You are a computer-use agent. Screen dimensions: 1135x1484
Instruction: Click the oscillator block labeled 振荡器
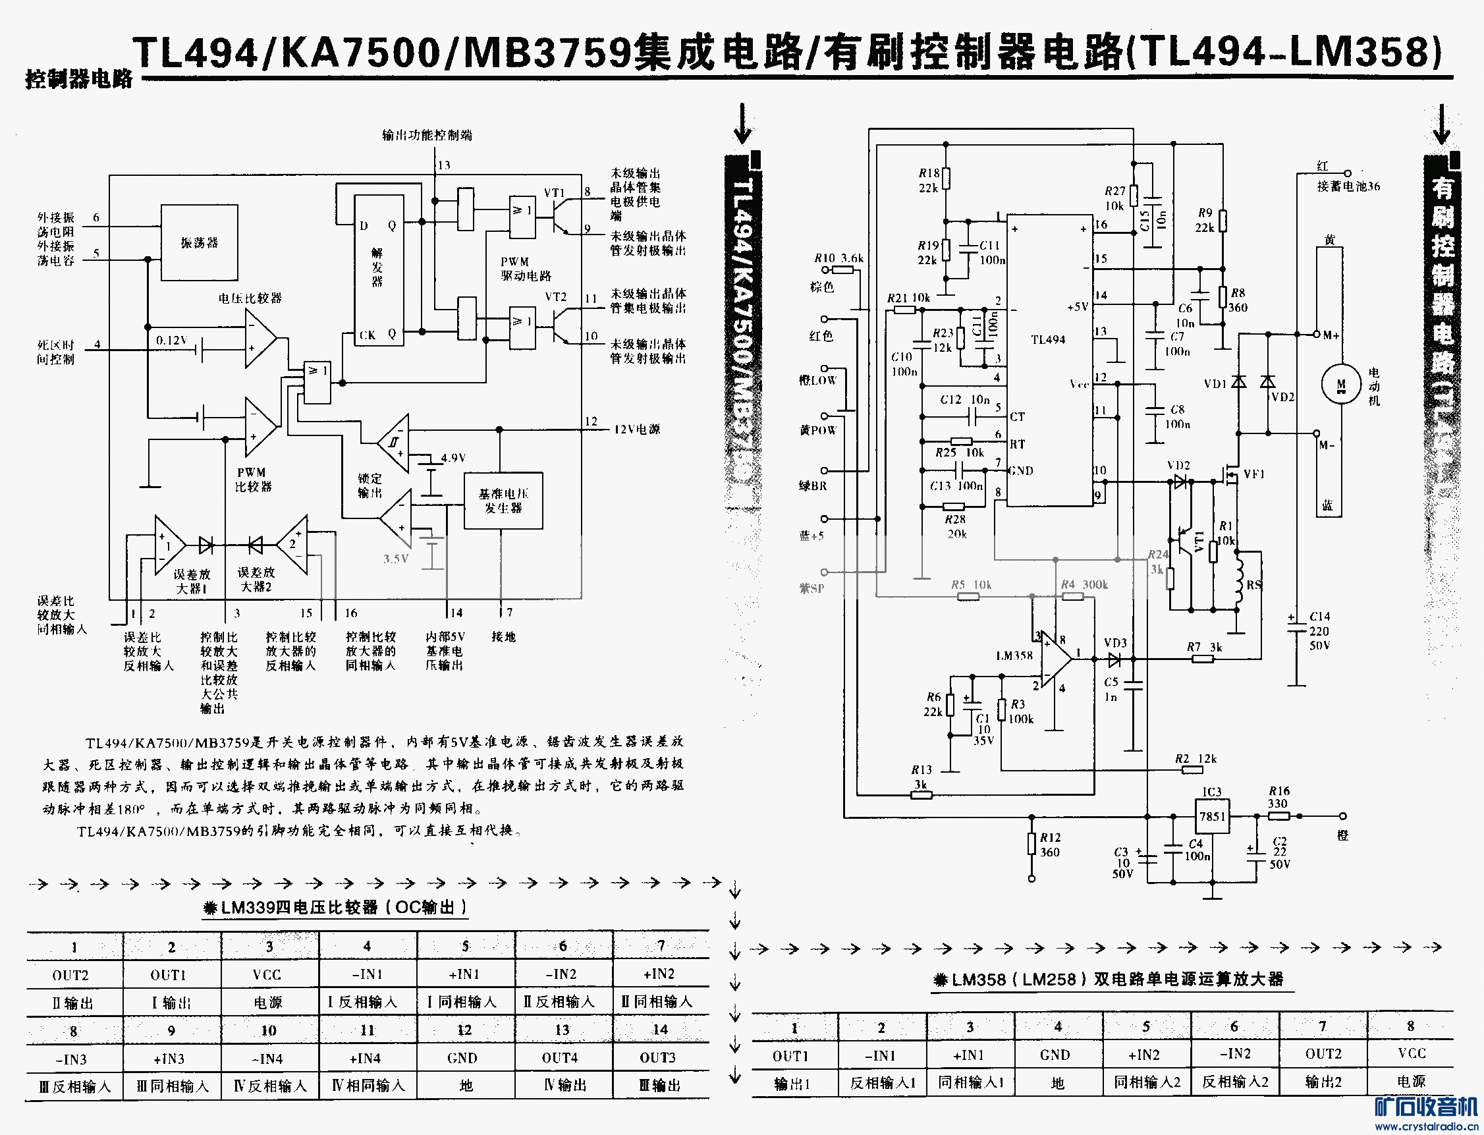(200, 242)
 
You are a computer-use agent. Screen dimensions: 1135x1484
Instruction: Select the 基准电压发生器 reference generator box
(503, 501)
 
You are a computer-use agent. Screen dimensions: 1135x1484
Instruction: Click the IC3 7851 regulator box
(1213, 816)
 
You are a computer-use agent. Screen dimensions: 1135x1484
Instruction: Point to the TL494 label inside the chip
(1048, 340)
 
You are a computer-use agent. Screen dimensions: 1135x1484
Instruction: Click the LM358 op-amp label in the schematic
(1014, 655)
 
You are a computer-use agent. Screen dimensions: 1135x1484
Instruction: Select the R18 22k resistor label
(929, 180)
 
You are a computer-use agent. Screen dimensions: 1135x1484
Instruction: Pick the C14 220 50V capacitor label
(1319, 631)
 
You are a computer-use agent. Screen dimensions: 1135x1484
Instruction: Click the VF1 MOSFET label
(1253, 474)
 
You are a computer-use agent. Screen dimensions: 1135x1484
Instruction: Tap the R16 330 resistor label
(1278, 797)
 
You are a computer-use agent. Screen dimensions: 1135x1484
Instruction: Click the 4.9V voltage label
(453, 458)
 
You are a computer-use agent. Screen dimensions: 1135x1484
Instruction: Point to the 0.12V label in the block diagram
(171, 341)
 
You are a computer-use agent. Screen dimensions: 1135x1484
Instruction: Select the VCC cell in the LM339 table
(267, 975)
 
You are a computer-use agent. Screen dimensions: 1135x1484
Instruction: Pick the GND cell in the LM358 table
(1055, 1055)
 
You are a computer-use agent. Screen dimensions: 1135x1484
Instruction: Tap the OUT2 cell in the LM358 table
(1323, 1055)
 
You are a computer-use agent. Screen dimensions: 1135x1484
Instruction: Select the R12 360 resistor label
(1050, 844)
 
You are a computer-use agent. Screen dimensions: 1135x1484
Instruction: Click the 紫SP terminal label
(812, 588)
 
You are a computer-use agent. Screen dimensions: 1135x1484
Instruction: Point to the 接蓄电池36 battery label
(1348, 186)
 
